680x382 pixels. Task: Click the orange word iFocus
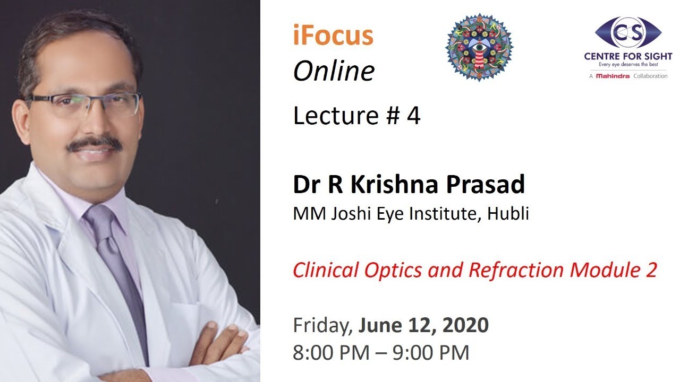pyautogui.click(x=333, y=36)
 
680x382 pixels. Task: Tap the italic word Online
pyautogui.click(x=334, y=71)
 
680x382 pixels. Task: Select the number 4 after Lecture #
pyautogui.click(x=413, y=116)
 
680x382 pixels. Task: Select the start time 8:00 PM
pyautogui.click(x=331, y=353)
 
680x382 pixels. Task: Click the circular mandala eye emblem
pyautogui.click(x=479, y=48)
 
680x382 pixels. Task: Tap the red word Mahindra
pyautogui.click(x=613, y=76)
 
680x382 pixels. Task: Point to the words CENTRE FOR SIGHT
pyautogui.click(x=628, y=56)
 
